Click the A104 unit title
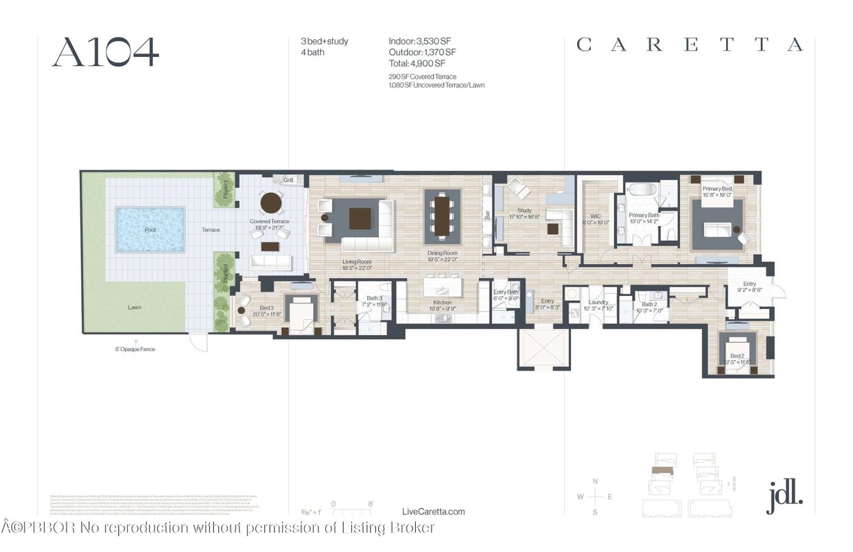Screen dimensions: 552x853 pos(105,51)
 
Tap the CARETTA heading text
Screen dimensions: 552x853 pos(689,45)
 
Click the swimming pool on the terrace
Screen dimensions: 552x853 pos(150,229)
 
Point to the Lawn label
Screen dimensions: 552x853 pos(135,307)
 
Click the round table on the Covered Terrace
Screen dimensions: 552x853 pos(271,203)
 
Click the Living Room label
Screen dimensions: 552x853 pos(357,262)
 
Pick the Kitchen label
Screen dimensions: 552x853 pos(443,302)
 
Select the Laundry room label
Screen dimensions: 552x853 pos(598,302)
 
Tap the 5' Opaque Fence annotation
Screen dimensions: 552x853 pos(135,349)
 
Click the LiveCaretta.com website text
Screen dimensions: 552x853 pos(432,511)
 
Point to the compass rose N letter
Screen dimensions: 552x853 pos(595,481)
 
